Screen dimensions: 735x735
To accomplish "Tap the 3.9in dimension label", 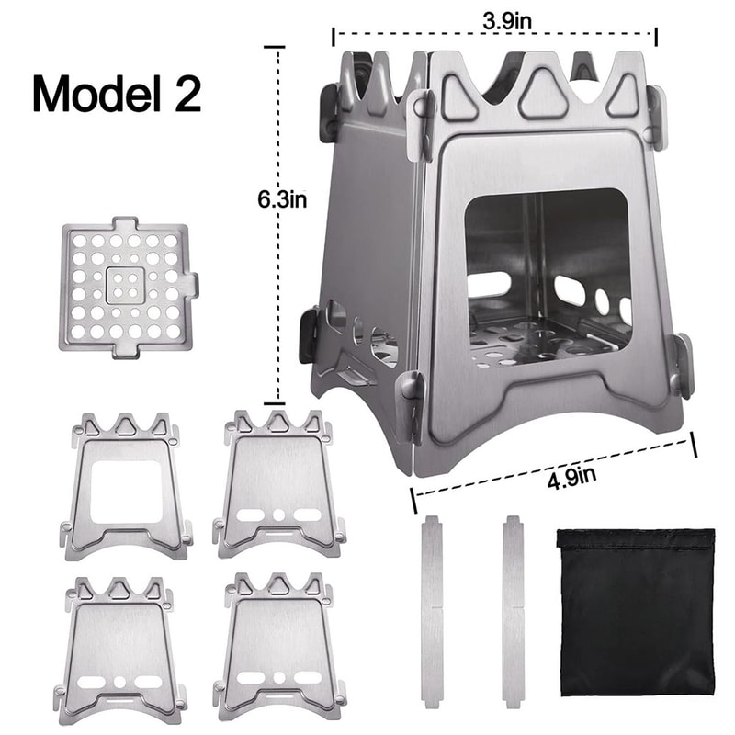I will (x=493, y=17).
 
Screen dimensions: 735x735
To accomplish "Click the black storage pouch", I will (x=635, y=610).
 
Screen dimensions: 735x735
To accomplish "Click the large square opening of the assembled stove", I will (x=548, y=276).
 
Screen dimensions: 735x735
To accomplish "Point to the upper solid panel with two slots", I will (x=279, y=482).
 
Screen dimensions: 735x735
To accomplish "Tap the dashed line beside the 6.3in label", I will (x=275, y=303).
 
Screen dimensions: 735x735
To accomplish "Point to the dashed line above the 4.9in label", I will (x=551, y=469).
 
